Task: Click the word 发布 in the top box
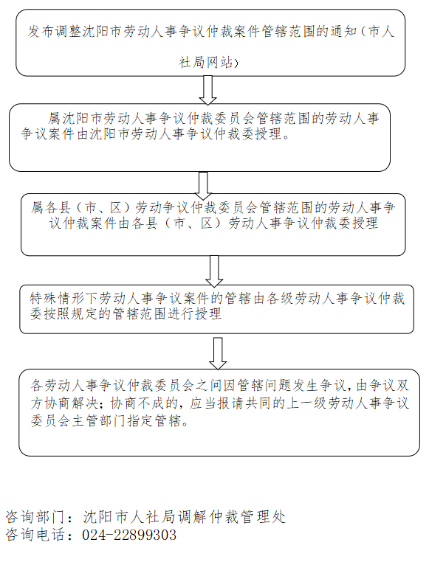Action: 41,32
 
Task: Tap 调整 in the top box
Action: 68,32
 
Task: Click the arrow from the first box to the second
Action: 207,90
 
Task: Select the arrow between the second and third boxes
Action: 203,186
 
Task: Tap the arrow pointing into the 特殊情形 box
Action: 214,271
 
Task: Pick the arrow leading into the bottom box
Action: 218,353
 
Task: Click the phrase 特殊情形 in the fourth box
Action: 57,298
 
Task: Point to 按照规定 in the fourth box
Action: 71,314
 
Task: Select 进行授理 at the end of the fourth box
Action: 195,314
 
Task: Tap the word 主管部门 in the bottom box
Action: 99,420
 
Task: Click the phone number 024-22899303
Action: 129,535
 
